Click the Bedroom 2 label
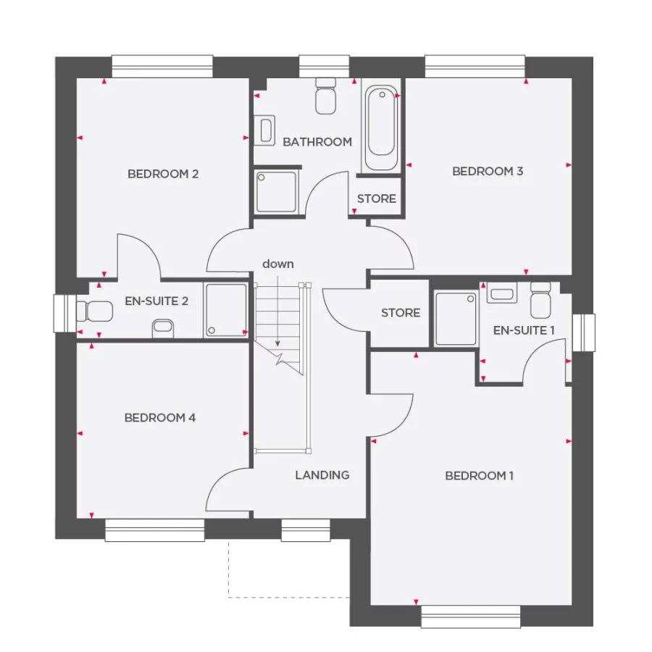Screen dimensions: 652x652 (x=163, y=174)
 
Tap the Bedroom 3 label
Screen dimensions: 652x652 (x=488, y=172)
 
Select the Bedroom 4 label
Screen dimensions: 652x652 (x=160, y=418)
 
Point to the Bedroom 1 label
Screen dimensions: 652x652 (x=479, y=476)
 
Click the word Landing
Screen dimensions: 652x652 (x=322, y=475)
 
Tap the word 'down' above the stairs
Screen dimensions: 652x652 (x=278, y=264)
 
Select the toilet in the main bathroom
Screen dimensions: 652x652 (x=325, y=96)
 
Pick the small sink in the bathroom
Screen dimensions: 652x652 (x=266, y=130)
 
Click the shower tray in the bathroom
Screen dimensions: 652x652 (x=276, y=192)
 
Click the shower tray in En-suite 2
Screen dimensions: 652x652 (x=225, y=310)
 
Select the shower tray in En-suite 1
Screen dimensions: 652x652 (x=456, y=319)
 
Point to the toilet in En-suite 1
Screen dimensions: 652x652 (x=540, y=301)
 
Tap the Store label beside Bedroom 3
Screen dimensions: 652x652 (x=377, y=198)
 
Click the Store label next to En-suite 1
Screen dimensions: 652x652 (x=401, y=313)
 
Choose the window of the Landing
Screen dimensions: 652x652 (x=306, y=530)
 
